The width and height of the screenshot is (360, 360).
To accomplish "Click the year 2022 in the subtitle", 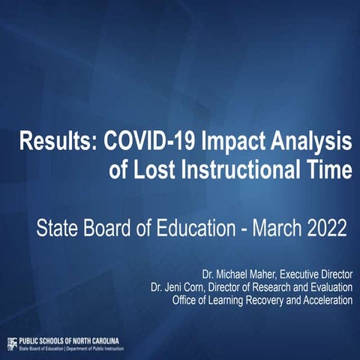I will click(x=322, y=224).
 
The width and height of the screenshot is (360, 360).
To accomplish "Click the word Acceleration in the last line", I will click(x=325, y=300).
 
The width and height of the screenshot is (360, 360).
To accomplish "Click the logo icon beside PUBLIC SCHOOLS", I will click(x=11, y=343).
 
